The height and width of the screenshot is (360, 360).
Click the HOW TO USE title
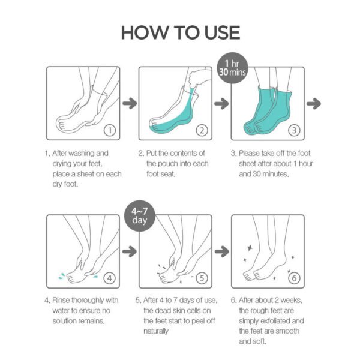(x=180, y=32)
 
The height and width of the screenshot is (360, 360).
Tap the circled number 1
(x=109, y=129)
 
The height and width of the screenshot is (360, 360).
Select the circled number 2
(x=202, y=129)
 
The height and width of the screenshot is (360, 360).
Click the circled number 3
(x=294, y=129)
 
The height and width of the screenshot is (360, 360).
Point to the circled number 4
(x=109, y=278)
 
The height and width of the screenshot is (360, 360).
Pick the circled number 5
(x=202, y=278)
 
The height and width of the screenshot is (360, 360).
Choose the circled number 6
(x=294, y=278)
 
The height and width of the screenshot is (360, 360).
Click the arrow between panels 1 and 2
(x=128, y=104)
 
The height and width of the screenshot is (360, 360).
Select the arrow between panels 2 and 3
(x=221, y=104)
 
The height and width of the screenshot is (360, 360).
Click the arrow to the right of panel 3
(x=313, y=104)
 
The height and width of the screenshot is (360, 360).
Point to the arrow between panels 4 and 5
(x=128, y=251)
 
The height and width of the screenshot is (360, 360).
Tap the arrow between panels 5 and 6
(x=221, y=251)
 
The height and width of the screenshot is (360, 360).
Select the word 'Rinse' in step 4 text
(x=65, y=300)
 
